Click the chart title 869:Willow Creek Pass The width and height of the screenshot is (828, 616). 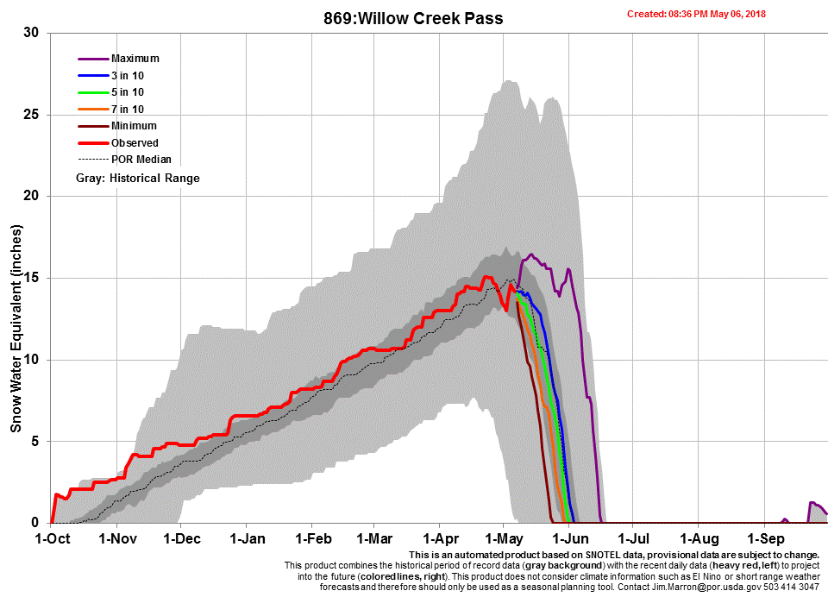413,18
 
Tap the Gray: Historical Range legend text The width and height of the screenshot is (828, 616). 137,178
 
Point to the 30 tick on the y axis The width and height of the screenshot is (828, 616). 32,33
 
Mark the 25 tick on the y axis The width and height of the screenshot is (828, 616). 32,115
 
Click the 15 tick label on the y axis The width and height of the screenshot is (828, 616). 32,278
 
